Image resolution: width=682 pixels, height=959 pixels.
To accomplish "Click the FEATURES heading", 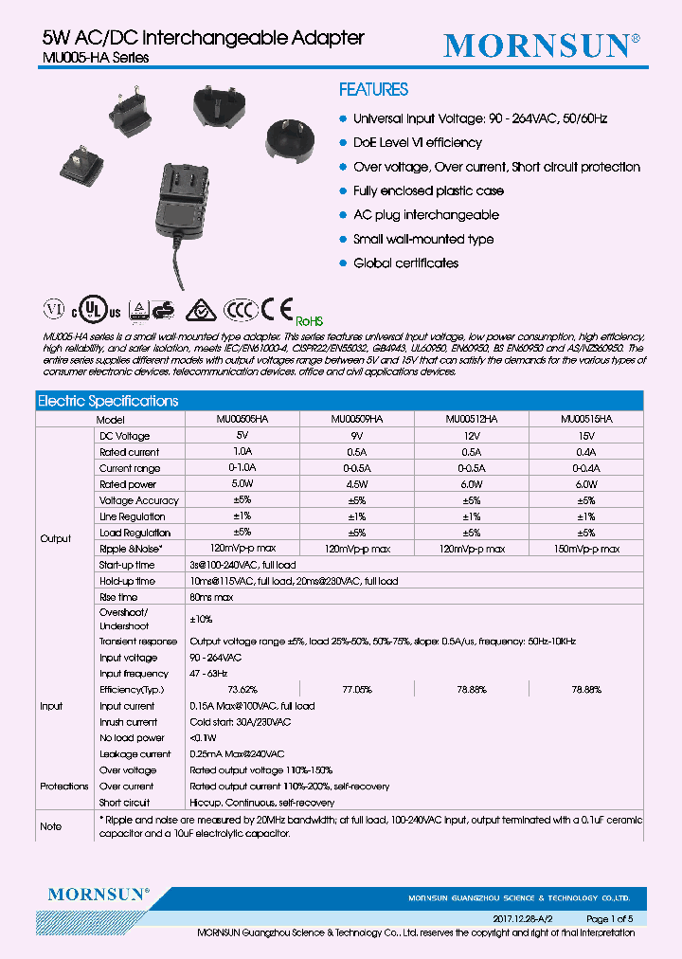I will (x=373, y=90).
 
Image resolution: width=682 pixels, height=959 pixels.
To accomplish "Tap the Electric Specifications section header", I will (x=108, y=401).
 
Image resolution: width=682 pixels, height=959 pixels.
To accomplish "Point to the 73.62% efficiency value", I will (x=242, y=690).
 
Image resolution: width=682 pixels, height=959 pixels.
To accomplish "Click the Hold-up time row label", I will (x=127, y=581).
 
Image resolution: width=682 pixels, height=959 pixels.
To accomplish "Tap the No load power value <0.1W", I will (x=201, y=738).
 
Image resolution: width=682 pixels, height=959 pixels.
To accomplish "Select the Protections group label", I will (x=64, y=787).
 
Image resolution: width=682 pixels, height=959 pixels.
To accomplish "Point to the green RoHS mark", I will (x=310, y=321).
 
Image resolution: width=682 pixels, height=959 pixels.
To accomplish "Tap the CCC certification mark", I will (x=240, y=310).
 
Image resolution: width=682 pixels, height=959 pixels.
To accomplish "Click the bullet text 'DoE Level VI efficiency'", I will (x=417, y=143).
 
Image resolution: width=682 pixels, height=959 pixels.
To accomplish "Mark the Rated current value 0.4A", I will (x=585, y=452).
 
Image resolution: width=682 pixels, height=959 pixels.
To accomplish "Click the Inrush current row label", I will (x=128, y=722).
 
